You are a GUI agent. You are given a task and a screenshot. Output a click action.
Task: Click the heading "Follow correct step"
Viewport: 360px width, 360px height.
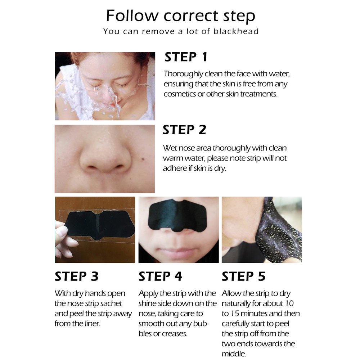[x=180, y=16]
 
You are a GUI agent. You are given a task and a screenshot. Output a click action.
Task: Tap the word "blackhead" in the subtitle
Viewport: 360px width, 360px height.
[x=236, y=31]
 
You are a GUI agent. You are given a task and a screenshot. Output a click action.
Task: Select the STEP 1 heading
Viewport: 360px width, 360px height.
[x=186, y=57]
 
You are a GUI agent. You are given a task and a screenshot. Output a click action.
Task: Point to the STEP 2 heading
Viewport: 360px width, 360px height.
[x=184, y=130]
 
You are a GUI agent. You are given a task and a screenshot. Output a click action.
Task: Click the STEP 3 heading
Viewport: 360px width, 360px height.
[x=76, y=276]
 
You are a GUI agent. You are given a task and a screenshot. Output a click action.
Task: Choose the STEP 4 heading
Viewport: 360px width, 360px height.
[x=160, y=276]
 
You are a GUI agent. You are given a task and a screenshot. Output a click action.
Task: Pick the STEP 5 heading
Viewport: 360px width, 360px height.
[x=243, y=276]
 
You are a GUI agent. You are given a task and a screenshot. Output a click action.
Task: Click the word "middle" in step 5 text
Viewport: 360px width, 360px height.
[x=234, y=354]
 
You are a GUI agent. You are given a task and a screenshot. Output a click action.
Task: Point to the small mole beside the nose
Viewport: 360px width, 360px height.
[x=143, y=159]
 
